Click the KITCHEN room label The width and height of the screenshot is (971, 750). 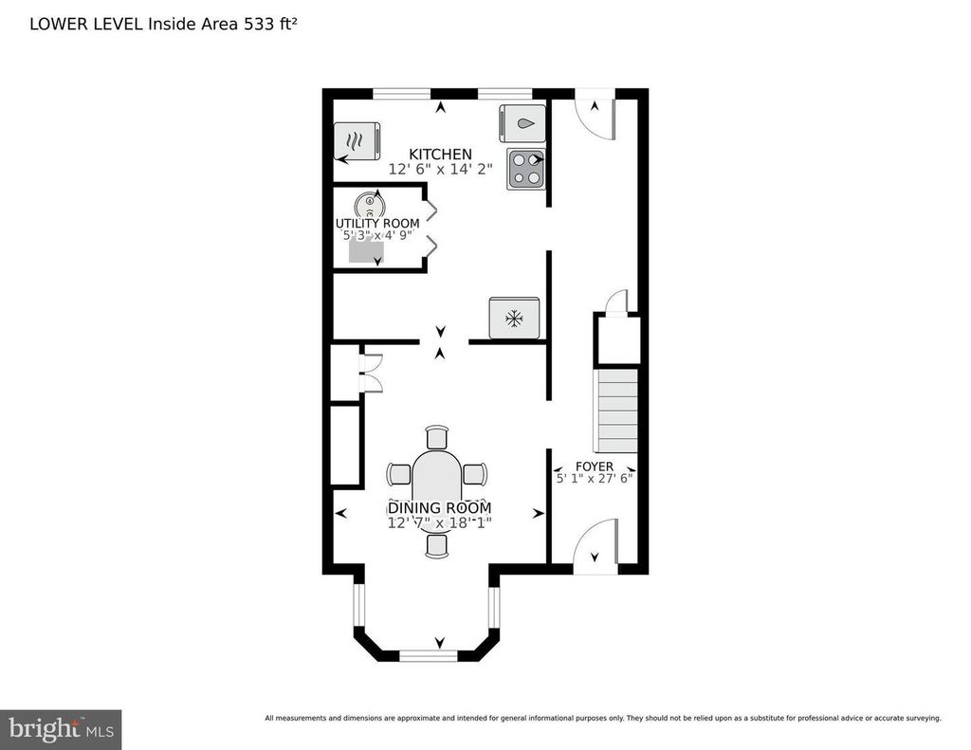coord(440,155)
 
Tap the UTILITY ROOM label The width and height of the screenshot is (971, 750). coord(377,224)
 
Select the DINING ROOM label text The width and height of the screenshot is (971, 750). coord(440,508)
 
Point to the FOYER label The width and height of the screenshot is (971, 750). coord(595,466)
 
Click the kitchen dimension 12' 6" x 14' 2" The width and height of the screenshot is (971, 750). coord(440,169)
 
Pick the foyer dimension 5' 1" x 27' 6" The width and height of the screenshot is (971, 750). coord(595,479)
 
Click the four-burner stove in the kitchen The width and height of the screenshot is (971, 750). coord(526,169)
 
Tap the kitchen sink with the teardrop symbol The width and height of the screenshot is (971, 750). coord(522,123)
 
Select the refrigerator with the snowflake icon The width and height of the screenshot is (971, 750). coord(514,319)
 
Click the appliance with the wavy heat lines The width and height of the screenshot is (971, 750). coord(357,141)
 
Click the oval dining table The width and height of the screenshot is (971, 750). coord(437,482)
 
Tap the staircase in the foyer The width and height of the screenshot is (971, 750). coord(616,411)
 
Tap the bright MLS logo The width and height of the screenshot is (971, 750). coord(61,729)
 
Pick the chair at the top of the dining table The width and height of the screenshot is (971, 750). coord(437,437)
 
